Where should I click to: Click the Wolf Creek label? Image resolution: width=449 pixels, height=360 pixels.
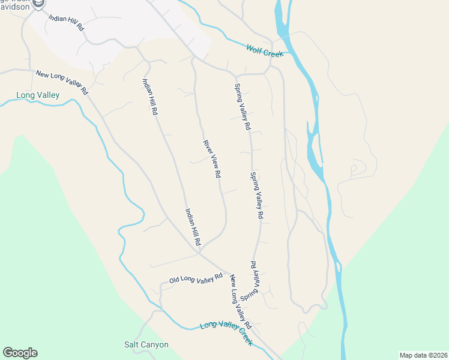[264, 50]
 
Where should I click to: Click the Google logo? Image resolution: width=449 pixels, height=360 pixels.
[20, 353]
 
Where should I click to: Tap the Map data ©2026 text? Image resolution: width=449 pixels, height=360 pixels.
[423, 355]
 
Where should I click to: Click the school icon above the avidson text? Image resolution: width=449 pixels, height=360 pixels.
[38, 4]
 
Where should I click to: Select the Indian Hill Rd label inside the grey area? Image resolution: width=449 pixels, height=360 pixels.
[67, 23]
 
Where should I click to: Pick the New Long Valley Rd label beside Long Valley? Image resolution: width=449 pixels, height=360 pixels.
[62, 82]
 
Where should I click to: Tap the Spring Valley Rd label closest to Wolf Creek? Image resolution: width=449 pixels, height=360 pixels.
[241, 107]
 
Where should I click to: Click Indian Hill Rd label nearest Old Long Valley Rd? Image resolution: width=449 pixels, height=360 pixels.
[193, 226]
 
